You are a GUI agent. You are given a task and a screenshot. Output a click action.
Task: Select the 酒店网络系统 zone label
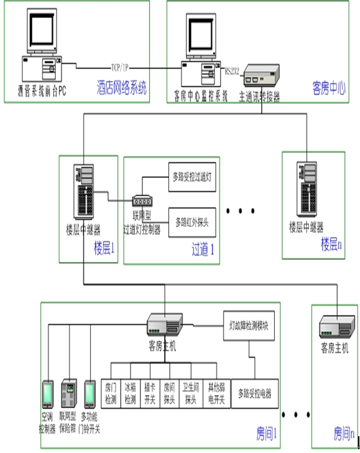pos(122,88)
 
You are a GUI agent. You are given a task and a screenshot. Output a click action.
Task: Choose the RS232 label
pos(231,70)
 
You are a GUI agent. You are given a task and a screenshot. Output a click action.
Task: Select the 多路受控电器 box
pos(255,393)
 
